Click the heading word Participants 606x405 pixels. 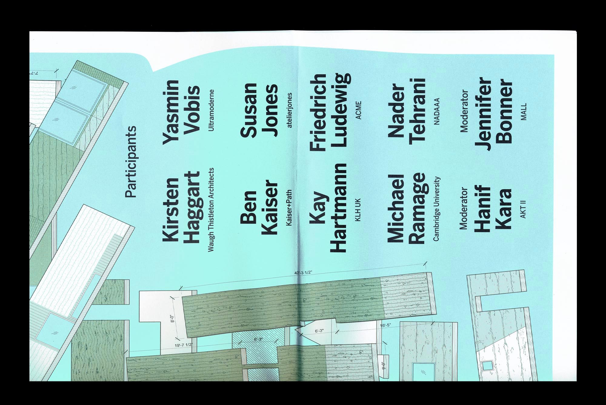click(131, 162)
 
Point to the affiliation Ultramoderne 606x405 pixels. click(211, 110)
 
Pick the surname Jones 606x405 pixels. click(271, 110)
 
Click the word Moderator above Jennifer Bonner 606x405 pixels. click(464, 111)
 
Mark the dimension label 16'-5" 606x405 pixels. click(386, 325)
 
